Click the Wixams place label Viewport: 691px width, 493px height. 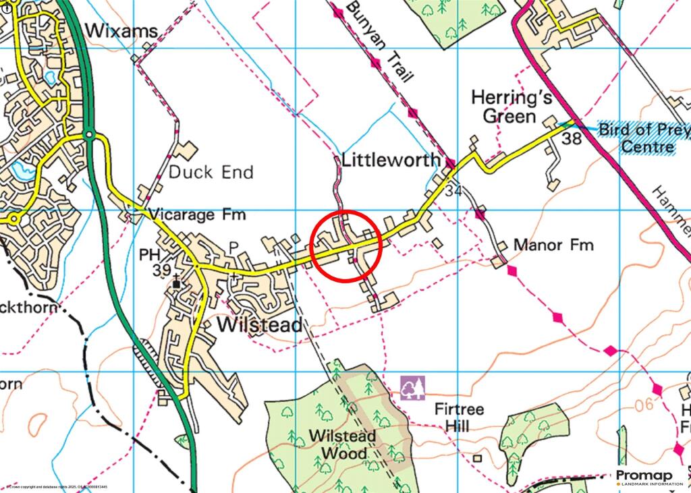click(121, 31)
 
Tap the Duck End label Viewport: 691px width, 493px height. click(211, 172)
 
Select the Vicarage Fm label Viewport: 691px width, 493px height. click(197, 215)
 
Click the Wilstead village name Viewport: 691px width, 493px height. click(260, 325)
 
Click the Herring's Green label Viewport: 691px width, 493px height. click(512, 107)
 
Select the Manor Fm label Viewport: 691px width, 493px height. click(553, 244)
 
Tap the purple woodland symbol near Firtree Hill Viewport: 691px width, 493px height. click(412, 388)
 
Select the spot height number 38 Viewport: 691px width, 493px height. click(572, 140)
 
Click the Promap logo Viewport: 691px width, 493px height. click(647, 477)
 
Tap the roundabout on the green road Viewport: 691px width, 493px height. click(90, 136)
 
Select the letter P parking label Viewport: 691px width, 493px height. click(234, 248)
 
